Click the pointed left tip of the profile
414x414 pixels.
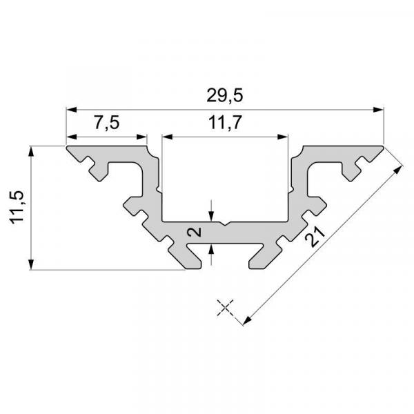coord(67,147)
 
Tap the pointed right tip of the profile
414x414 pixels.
coord(382,147)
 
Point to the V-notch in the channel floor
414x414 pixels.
coord(225,224)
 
